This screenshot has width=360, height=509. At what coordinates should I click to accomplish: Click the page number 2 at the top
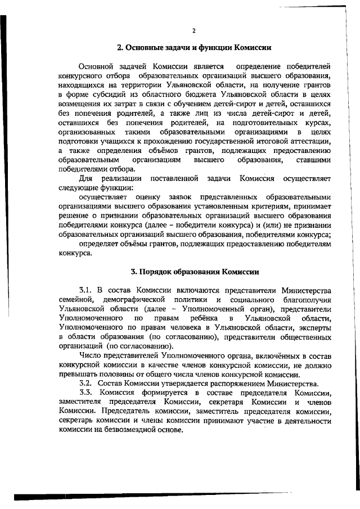(x=193, y=30)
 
